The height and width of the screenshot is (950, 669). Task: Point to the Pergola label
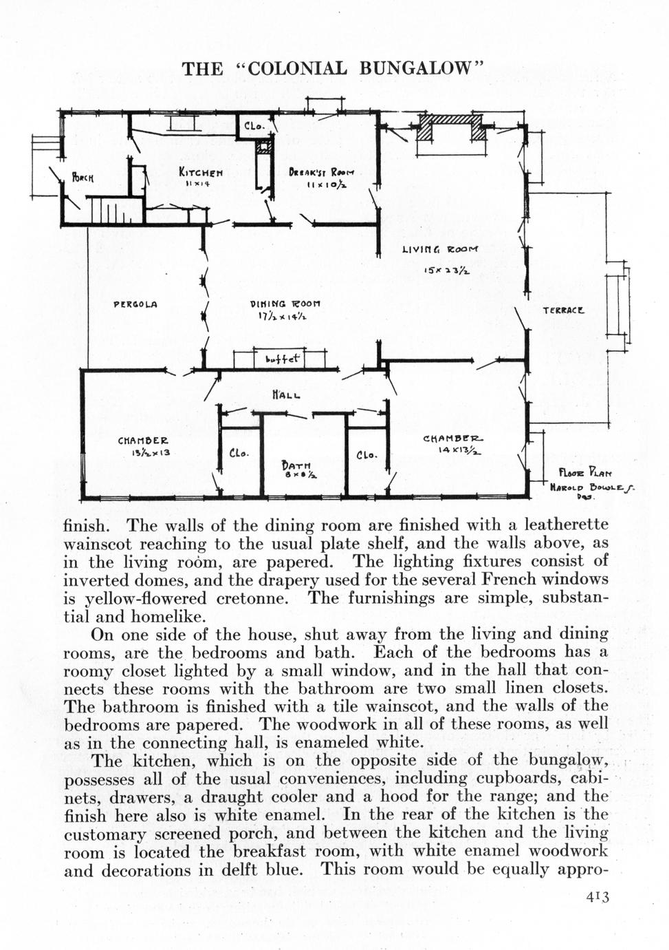point(135,304)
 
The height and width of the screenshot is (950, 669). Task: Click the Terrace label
point(564,310)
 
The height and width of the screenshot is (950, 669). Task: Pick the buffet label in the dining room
point(283,359)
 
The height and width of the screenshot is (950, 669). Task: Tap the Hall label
point(286,395)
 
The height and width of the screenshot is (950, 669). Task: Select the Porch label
point(83,178)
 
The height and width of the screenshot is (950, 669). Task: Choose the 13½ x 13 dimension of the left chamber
point(146,453)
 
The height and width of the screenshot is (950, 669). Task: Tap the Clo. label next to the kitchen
point(254,126)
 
